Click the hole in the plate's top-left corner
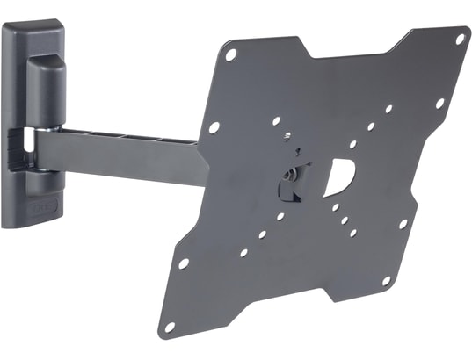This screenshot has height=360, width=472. pyautogui.click(x=231, y=54)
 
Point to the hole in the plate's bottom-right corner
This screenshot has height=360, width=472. pyautogui.click(x=386, y=281)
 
